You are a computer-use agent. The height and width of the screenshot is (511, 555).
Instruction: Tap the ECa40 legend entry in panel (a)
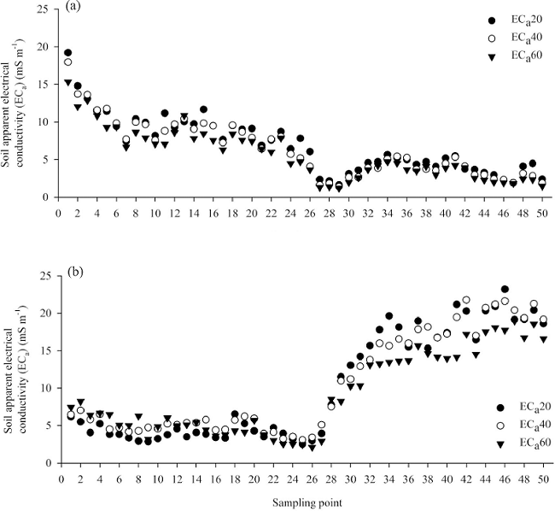(x=517, y=39)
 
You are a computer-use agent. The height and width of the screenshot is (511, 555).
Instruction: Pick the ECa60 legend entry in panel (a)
(x=517, y=58)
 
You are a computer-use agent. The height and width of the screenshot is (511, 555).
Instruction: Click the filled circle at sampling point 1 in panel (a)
(x=68, y=53)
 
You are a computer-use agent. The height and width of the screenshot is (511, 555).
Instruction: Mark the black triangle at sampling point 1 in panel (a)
(x=68, y=83)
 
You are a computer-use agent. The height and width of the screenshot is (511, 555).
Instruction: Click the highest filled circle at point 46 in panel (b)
(x=505, y=290)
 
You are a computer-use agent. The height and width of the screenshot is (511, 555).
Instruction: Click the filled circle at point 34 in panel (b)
(x=388, y=316)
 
